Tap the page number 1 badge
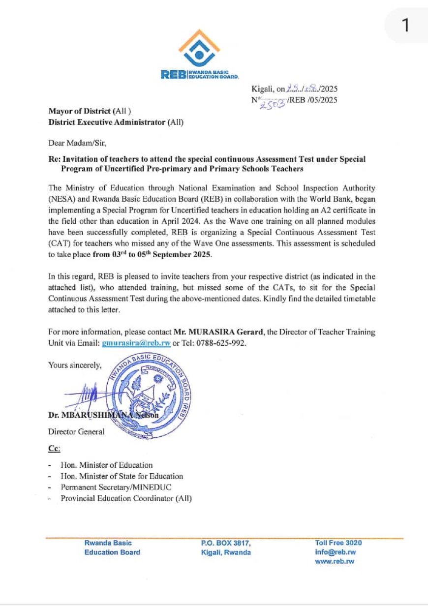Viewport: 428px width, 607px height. (x=405, y=25)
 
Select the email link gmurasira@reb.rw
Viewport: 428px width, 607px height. (x=136, y=343)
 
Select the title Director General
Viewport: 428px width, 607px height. (x=76, y=431)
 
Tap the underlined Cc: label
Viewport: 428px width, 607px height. (x=54, y=448)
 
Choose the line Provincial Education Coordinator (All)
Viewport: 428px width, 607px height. (x=126, y=498)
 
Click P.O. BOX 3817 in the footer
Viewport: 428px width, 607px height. (x=226, y=543)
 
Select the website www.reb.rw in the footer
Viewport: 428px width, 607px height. (x=335, y=561)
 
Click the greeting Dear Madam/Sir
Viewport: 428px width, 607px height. (x=77, y=143)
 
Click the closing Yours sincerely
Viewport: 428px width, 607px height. (x=75, y=365)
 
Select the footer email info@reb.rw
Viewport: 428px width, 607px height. (x=336, y=552)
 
